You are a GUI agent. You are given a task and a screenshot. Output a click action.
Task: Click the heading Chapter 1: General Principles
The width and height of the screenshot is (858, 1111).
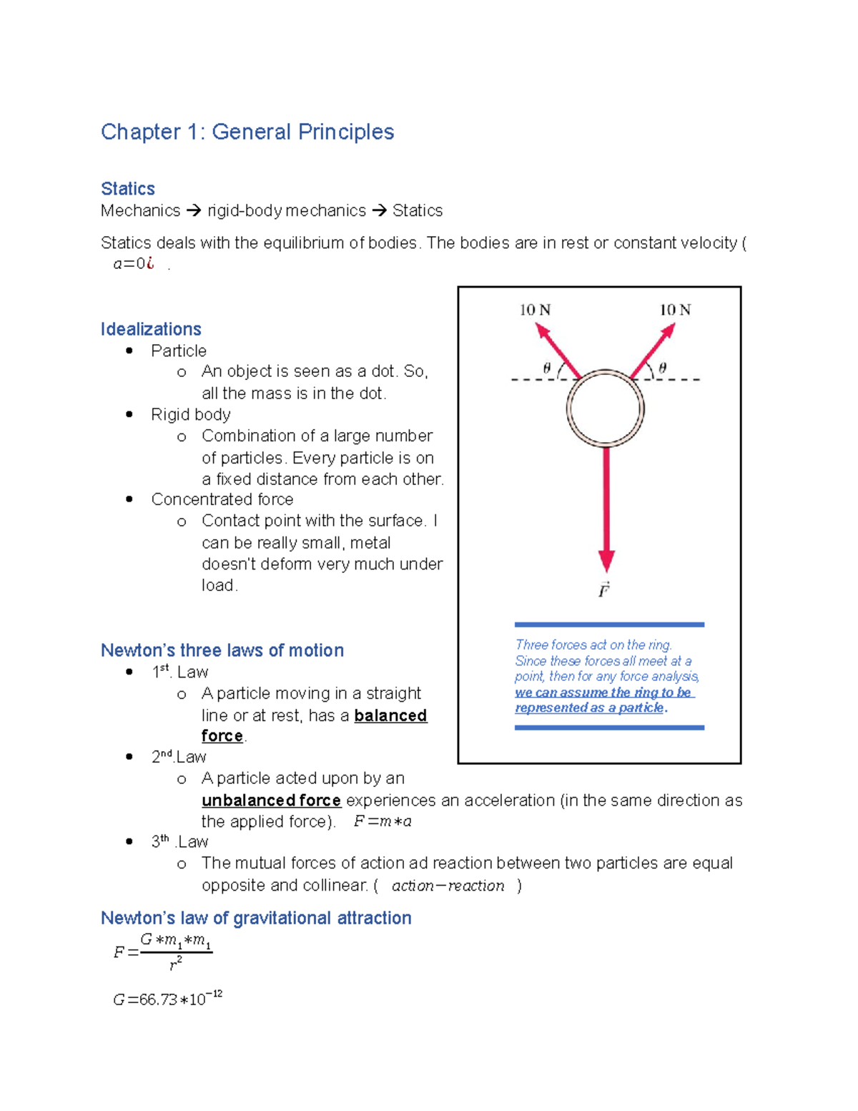[247, 132]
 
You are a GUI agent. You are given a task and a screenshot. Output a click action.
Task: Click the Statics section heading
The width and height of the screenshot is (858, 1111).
[127, 189]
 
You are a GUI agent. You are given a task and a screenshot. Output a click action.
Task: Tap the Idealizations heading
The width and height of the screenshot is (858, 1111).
[151, 329]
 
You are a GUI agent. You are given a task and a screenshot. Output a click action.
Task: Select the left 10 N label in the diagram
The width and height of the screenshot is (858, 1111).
[535, 310]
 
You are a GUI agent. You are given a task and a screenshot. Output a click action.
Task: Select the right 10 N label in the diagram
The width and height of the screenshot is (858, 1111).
[675, 310]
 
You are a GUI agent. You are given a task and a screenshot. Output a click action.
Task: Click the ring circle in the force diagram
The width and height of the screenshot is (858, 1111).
[606, 408]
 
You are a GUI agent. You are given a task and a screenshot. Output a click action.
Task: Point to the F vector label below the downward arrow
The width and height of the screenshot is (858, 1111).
[604, 590]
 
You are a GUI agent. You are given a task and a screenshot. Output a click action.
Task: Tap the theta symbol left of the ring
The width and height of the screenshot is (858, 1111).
[547, 368]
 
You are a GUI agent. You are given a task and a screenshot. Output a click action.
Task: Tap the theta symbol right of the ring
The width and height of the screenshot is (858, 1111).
[663, 368]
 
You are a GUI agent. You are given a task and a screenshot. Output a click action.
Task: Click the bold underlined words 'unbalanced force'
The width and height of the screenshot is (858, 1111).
[271, 800]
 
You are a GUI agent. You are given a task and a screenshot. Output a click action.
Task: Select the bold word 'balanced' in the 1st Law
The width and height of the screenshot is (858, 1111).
[390, 715]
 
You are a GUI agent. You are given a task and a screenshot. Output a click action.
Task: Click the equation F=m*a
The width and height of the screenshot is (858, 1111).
[383, 821]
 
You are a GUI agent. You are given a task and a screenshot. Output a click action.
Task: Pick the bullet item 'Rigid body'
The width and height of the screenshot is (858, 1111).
[190, 415]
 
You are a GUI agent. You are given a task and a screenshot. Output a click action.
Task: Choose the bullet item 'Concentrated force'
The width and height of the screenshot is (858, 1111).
[222, 499]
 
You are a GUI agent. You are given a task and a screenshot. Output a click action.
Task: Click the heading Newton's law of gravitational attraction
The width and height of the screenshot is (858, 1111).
[256, 918]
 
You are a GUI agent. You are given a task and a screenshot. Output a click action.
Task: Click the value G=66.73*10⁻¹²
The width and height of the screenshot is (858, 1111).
[167, 999]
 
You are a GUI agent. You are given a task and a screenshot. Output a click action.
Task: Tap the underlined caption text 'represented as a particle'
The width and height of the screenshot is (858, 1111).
[590, 708]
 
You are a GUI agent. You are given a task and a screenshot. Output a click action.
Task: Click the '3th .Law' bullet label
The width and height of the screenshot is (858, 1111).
[179, 842]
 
